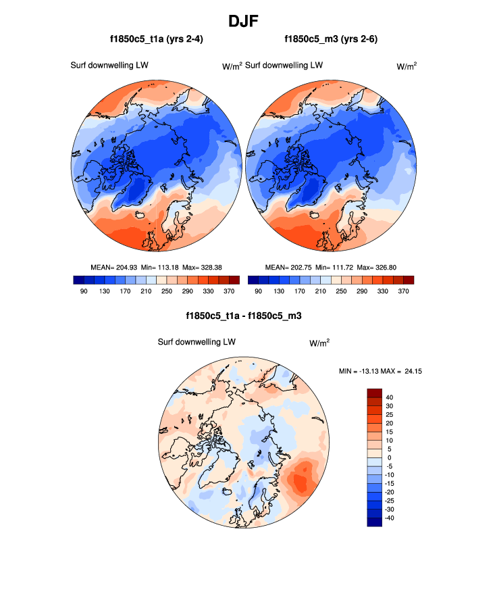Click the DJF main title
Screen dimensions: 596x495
[x=247, y=21]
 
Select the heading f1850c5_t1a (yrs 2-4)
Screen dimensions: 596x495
[x=157, y=40]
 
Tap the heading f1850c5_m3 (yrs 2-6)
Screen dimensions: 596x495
[x=331, y=40]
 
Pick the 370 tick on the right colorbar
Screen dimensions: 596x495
[x=403, y=291]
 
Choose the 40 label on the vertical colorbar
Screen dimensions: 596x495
[x=389, y=397]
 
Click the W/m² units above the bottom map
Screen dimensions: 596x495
[x=319, y=343]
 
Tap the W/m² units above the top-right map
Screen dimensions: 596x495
[x=406, y=66]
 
